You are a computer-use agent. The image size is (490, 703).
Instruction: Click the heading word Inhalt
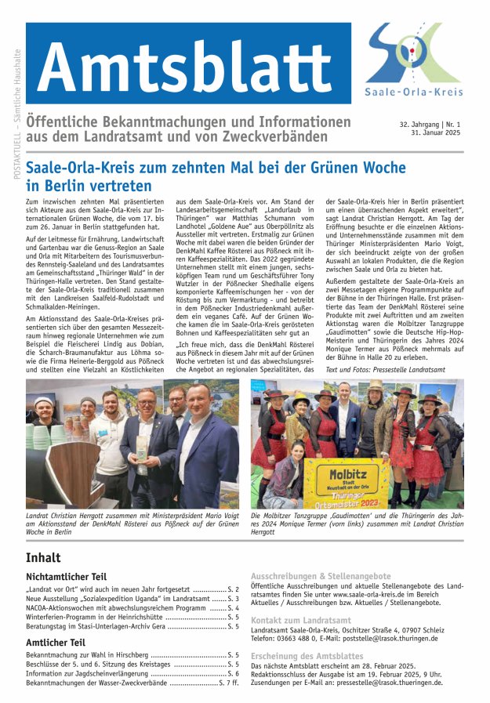point(43,558)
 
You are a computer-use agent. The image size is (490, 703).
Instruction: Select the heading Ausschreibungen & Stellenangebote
point(321,576)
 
